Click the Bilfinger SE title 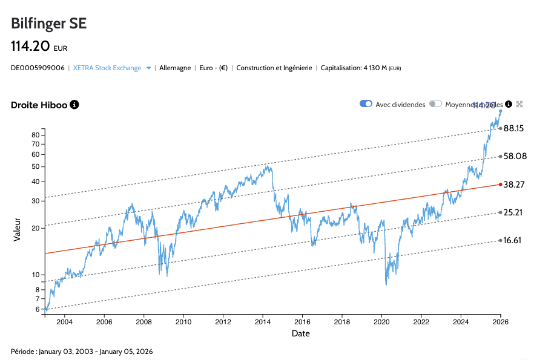point(49,24)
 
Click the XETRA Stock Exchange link point(107,68)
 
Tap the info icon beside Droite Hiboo point(74,105)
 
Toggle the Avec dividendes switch point(366,104)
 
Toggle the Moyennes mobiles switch point(435,104)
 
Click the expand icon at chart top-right point(519,104)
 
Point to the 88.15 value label point(513,128)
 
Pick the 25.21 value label point(512,212)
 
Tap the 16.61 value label point(512,240)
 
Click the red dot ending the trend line point(500,184)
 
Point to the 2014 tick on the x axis point(263,321)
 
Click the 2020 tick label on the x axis point(381,321)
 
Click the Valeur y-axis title point(18,230)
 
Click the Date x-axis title point(301,333)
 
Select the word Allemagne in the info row point(175,68)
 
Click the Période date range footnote point(82,352)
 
